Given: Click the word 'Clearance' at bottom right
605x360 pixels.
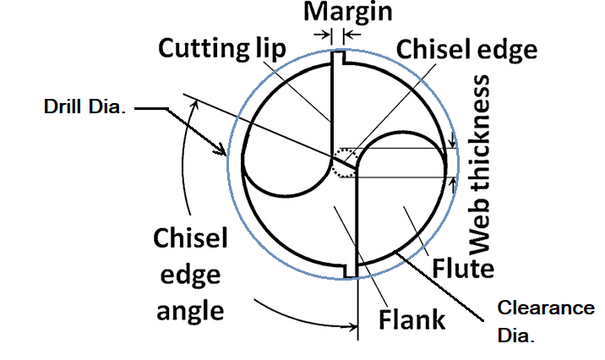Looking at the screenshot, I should [x=546, y=308].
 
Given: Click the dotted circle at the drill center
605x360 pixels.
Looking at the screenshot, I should [x=345, y=161].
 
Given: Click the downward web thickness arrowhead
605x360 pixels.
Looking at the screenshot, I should [x=454, y=142].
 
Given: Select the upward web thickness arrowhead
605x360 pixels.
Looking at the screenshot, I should [x=454, y=180].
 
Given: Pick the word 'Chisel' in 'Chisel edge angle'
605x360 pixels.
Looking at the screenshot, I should [x=191, y=239].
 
